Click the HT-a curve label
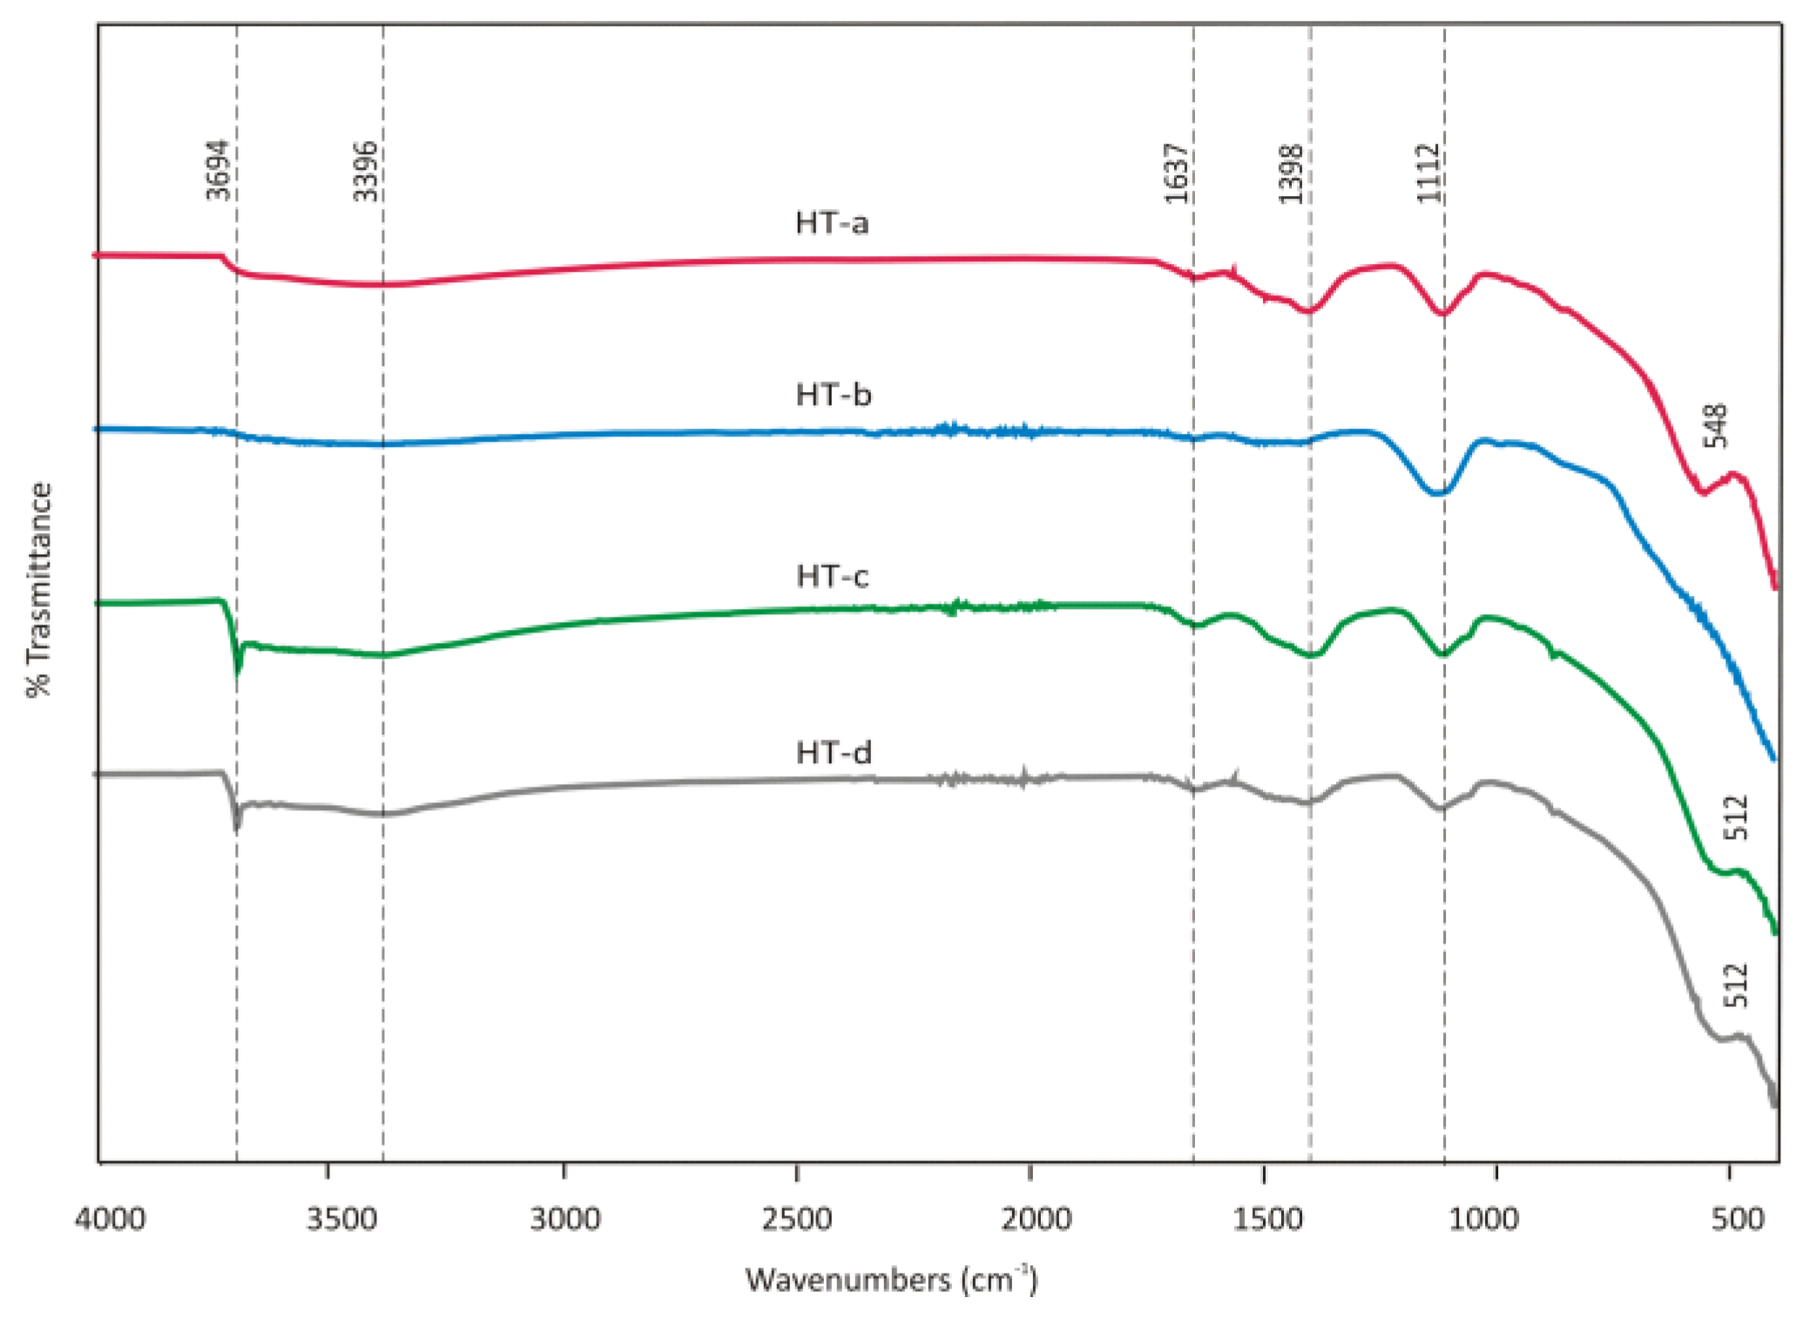832,224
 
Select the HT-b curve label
834,396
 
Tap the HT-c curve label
833,577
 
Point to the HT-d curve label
834,753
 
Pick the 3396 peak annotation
365,171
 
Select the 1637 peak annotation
1177,173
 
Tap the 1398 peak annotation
1290,174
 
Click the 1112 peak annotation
1428,173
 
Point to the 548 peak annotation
1715,426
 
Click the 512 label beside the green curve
1737,817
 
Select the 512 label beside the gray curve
1737,985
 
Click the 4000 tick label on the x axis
110,1220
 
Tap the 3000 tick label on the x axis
565,1220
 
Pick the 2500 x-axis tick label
797,1220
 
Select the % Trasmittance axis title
40,590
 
